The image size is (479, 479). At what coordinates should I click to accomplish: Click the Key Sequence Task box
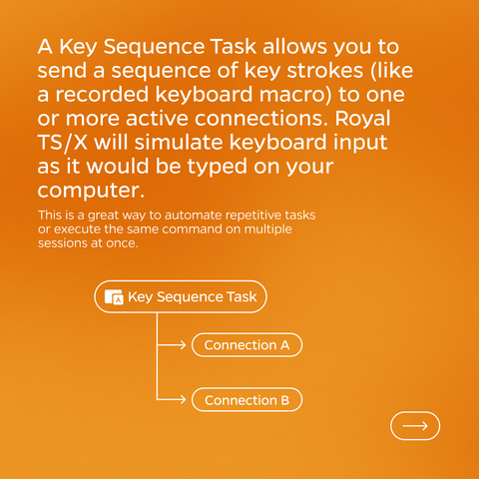coord(181,296)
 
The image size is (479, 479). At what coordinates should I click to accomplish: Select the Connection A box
coord(246,345)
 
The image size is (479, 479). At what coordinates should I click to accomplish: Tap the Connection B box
coord(246,400)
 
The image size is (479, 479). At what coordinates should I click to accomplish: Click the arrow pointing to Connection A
coord(172,345)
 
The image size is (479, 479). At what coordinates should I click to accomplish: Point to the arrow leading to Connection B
coord(172,399)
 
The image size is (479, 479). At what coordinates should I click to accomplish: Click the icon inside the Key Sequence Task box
coord(114,296)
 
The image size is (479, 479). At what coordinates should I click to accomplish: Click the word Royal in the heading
coord(362,119)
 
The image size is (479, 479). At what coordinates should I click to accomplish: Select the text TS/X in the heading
coord(63,143)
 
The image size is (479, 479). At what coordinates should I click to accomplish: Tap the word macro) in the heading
coord(295,95)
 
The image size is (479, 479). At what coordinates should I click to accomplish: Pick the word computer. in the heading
coord(91,191)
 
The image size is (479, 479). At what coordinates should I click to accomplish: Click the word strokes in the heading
coord(325,71)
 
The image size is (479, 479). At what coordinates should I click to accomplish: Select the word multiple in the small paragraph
coord(268,230)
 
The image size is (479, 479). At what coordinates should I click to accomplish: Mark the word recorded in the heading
coord(102,95)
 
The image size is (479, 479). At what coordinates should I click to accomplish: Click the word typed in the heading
coord(218,168)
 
